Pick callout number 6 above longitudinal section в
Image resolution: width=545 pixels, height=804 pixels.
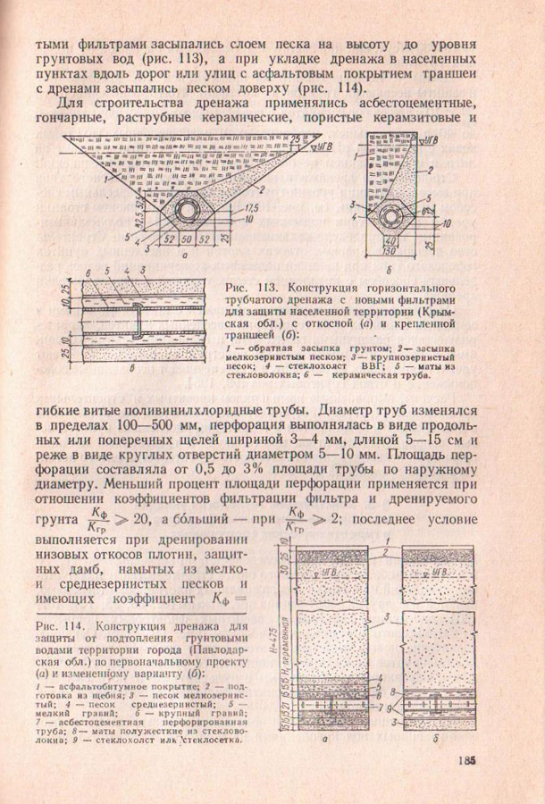88,272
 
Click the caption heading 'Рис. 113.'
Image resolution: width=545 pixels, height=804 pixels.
247,289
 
